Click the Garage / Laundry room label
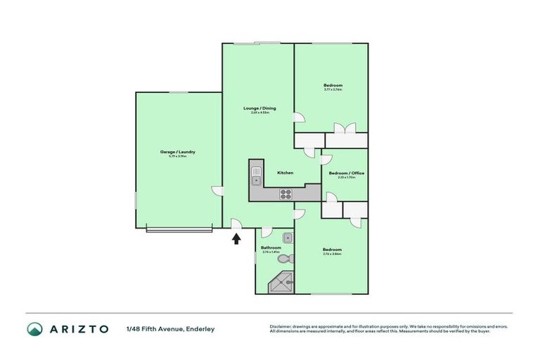click(x=177, y=152)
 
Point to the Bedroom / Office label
click(x=347, y=173)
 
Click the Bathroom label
click(x=271, y=247)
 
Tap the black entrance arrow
click(x=236, y=239)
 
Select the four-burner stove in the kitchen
click(x=286, y=193)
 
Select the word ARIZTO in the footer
click(x=79, y=329)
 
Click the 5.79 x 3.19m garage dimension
click(x=177, y=156)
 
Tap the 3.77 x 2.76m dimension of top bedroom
click(x=333, y=89)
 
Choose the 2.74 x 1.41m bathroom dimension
click(x=271, y=252)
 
